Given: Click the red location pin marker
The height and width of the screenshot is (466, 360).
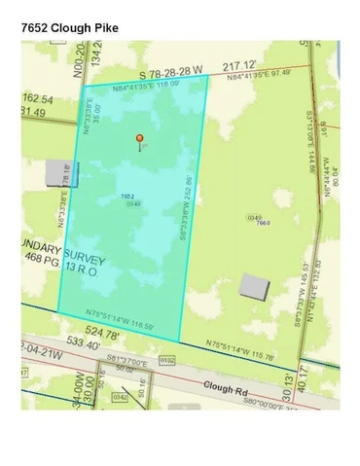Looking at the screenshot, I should [139, 140].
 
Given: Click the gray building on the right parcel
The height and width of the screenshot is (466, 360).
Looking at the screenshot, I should [254, 287].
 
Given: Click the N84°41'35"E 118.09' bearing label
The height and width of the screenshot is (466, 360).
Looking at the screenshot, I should [145, 82].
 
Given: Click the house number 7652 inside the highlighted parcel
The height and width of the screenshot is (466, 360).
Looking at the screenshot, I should [127, 196].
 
